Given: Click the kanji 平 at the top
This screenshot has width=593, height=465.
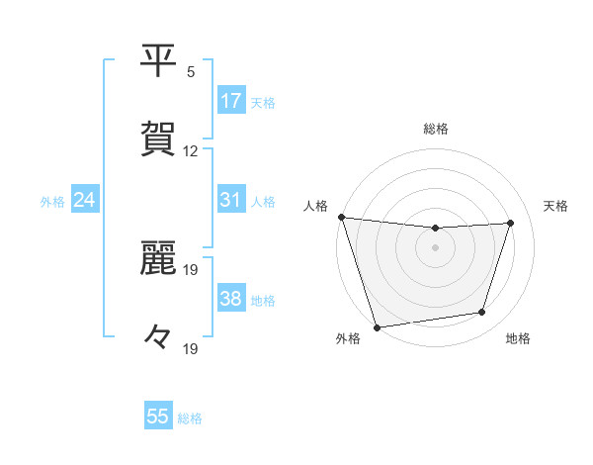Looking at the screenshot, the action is [159, 61].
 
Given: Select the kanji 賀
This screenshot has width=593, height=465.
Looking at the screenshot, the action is [159, 138].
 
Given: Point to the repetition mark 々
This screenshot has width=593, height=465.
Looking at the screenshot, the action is [158, 336].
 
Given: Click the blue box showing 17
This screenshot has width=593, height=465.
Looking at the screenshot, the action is [231, 101].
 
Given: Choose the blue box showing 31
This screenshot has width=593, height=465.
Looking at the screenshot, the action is [231, 200].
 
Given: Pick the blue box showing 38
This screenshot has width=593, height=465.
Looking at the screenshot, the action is [231, 299].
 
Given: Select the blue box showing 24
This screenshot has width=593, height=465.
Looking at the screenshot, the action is [85, 200].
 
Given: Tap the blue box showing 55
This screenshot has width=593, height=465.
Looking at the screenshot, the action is [158, 417].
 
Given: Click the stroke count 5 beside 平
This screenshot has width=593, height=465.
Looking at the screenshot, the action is [191, 71].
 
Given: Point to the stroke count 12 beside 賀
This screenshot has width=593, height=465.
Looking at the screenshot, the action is [191, 151].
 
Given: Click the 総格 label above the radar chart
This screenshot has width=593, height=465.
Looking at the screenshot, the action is [436, 129].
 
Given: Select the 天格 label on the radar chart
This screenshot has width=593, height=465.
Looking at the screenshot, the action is [556, 206].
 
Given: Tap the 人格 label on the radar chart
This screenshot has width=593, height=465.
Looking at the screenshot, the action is [316, 206].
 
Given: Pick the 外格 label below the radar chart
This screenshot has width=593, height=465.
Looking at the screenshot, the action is [348, 339].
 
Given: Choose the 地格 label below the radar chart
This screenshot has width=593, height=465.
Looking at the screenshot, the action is [518, 339].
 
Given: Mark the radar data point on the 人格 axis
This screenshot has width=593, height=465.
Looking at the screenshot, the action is [341, 217].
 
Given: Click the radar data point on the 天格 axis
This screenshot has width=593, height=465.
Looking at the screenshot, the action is [511, 223].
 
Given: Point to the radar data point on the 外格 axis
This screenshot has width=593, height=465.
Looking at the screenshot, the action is [377, 326].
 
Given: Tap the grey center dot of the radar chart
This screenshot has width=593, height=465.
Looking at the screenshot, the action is [435, 247].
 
